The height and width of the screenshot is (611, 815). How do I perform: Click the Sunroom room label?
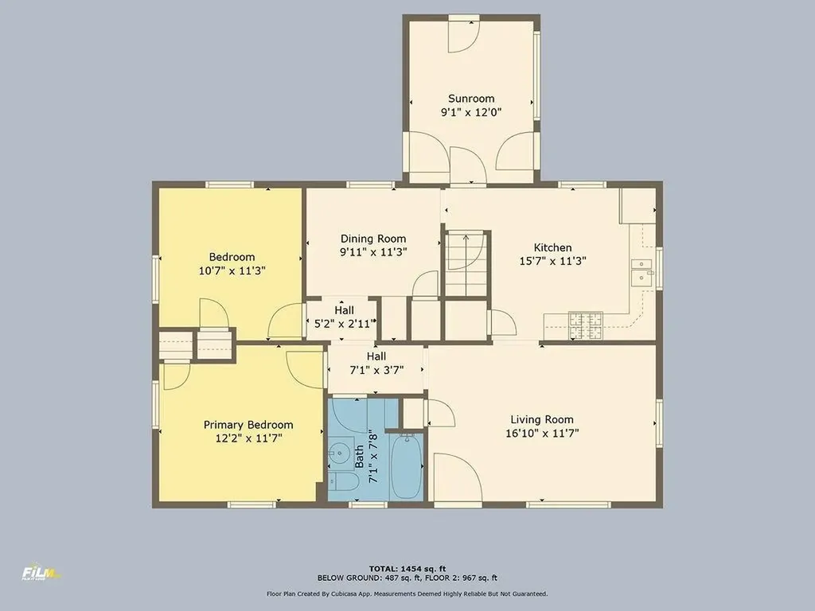pyautogui.click(x=471, y=98)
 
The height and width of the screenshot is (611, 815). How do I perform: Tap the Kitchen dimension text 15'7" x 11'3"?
pyautogui.click(x=552, y=261)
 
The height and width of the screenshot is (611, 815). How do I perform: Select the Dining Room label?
pyautogui.click(x=373, y=239)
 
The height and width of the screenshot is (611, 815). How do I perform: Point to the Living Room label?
pyautogui.click(x=541, y=419)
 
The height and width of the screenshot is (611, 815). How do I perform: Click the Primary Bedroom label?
pyautogui.click(x=248, y=425)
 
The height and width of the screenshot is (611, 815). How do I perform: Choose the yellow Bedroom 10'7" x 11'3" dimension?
pyautogui.click(x=232, y=270)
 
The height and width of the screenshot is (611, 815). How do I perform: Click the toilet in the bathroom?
pyautogui.click(x=343, y=481)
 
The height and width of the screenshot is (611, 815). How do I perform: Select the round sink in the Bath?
pyautogui.click(x=339, y=453)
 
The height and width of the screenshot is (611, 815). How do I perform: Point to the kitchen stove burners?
pyautogui.click(x=586, y=325)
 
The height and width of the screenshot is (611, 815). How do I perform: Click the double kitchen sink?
pyautogui.click(x=642, y=273)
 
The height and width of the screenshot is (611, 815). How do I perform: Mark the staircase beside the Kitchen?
pyautogui.click(x=466, y=265)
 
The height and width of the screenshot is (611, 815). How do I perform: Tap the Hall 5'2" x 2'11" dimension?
pyautogui.click(x=344, y=325)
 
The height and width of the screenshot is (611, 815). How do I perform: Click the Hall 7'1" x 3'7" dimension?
pyautogui.click(x=376, y=370)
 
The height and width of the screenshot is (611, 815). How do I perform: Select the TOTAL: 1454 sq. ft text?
pyautogui.click(x=407, y=569)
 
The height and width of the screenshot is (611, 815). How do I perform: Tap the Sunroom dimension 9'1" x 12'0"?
pyautogui.click(x=471, y=112)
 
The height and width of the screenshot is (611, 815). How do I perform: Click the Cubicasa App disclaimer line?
pyautogui.click(x=407, y=593)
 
